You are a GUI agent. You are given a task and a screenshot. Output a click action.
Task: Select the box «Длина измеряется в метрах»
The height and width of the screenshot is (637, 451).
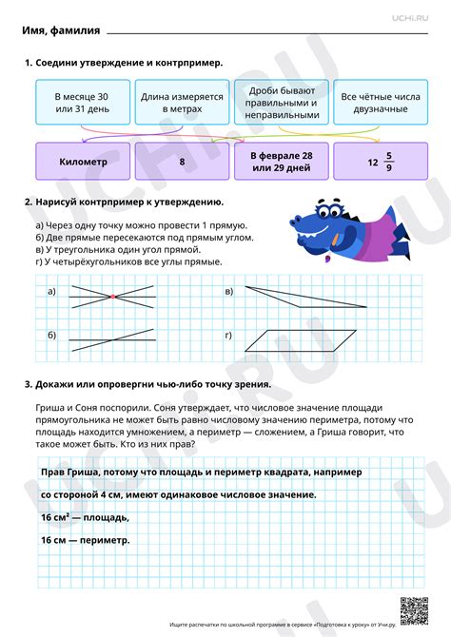coord(182,104)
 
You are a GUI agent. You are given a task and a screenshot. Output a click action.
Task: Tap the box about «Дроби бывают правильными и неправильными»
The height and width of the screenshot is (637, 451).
coord(281,104)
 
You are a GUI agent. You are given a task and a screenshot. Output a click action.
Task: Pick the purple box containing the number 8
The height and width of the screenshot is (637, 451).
coord(182,162)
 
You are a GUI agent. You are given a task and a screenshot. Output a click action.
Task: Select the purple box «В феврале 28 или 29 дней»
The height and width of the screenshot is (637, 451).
coord(281,162)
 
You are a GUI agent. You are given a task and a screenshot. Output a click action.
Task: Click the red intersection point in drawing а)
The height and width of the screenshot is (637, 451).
coord(112,297)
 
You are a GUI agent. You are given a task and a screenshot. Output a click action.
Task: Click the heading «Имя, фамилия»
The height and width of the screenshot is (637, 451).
coord(61,29)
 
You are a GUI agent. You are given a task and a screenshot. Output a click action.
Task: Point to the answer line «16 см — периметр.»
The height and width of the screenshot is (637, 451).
coord(85,539)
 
